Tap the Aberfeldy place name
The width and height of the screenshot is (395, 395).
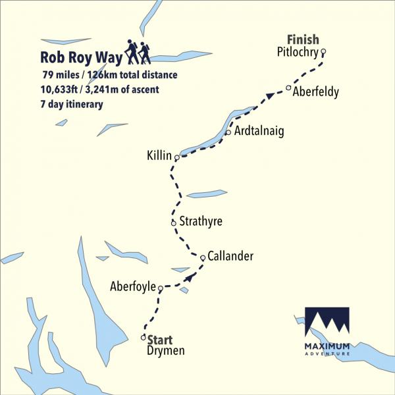pos(316,92)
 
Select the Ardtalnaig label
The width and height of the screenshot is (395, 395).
pos(259,132)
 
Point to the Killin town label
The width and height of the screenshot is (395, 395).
pos(160,156)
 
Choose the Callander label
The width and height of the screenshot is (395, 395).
pos(231,257)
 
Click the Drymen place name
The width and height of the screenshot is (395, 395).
pos(165,351)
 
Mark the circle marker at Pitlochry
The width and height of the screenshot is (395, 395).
pos(323,53)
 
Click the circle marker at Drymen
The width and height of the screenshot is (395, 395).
pos(144,338)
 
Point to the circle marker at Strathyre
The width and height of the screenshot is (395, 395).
pos(173,223)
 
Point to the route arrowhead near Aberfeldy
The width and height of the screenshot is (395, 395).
pos(269,97)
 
